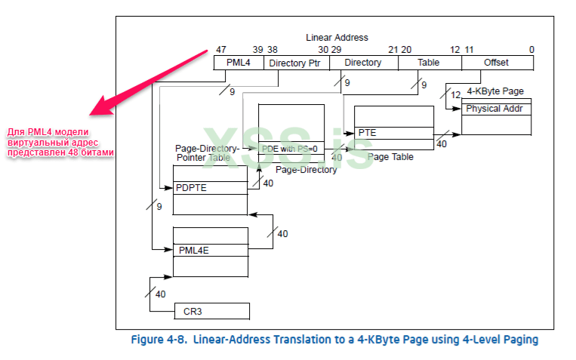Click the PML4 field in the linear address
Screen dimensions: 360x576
pyautogui.click(x=237, y=63)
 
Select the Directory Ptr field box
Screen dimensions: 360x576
pyautogui.click(x=295, y=63)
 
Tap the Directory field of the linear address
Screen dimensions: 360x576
pyautogui.click(x=363, y=63)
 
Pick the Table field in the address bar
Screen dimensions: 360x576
pyautogui.click(x=429, y=63)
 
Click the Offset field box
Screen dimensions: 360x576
pyautogui.click(x=496, y=63)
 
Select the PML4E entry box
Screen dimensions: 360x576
pyautogui.click(x=210, y=250)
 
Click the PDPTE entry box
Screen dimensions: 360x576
pyautogui.click(x=210, y=187)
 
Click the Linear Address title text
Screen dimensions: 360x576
pyautogui.click(x=337, y=37)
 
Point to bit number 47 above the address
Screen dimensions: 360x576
pyautogui.click(x=220, y=50)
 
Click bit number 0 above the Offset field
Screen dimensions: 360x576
pyautogui.click(x=531, y=50)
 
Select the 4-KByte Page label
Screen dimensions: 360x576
pyautogui.click(x=495, y=91)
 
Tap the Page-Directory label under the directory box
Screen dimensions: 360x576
pyautogui.click(x=306, y=170)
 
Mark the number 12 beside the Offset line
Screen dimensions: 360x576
pyautogui.click(x=454, y=95)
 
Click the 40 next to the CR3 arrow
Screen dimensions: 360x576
pyautogui.click(x=160, y=294)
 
